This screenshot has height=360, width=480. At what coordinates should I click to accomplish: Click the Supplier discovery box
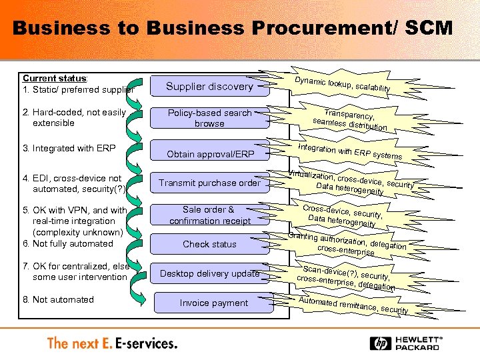click(x=209, y=87)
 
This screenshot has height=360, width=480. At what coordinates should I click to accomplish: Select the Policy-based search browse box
click(x=209, y=118)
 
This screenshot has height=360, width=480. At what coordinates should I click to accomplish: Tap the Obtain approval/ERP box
click(x=210, y=154)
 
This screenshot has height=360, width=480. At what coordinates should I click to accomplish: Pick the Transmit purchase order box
click(x=209, y=183)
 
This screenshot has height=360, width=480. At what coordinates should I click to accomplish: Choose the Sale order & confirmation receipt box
click(x=209, y=215)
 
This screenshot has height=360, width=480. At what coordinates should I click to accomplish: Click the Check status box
click(x=209, y=244)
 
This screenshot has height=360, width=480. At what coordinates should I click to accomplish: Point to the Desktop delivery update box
click(x=209, y=273)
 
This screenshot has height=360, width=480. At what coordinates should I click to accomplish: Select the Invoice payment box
click(x=213, y=303)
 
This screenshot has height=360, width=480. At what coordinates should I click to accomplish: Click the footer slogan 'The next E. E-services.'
click(x=112, y=343)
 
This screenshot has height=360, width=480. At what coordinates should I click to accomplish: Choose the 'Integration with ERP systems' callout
click(x=349, y=151)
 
